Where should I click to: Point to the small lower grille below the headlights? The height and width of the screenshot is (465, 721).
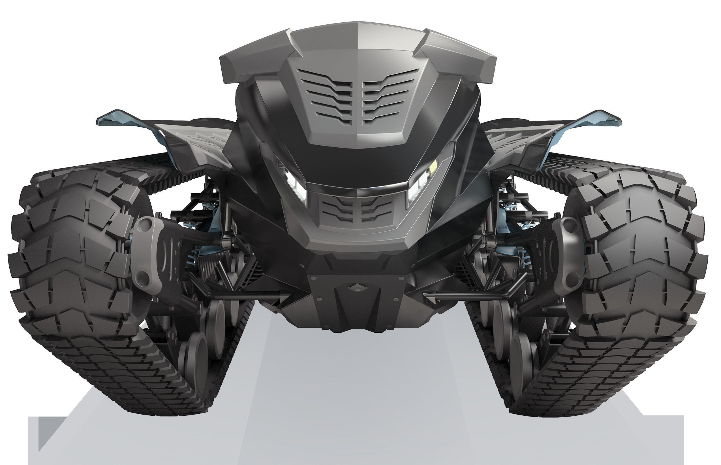[357, 210]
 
